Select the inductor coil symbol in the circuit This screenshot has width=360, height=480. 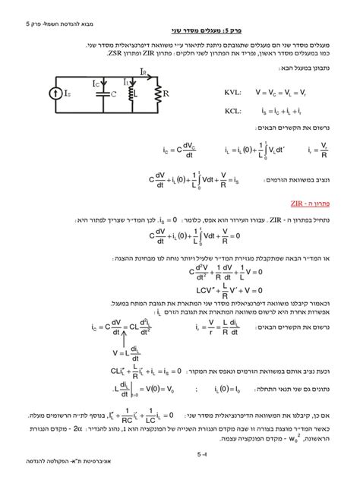(x=130, y=95)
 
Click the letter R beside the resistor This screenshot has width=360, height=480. (x=168, y=96)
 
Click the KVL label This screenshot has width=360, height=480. (x=232, y=91)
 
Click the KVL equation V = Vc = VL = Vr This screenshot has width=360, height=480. (x=281, y=91)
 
